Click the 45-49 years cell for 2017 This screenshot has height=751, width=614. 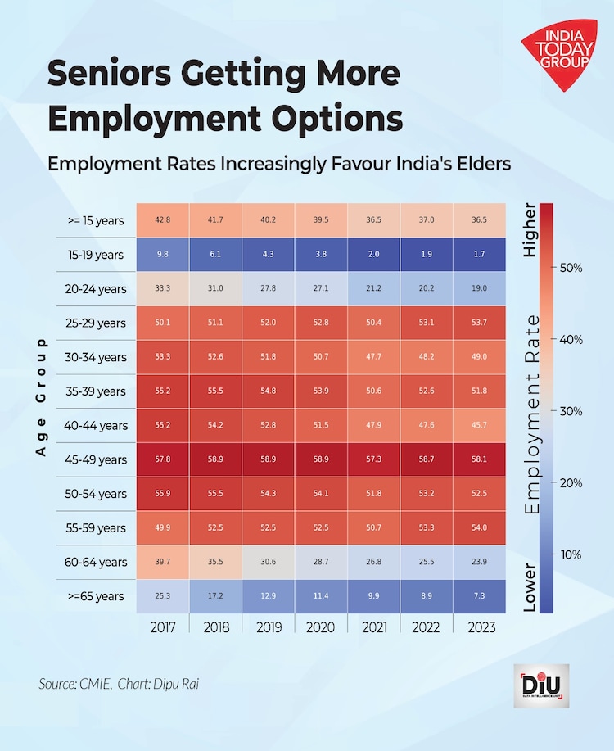(162, 459)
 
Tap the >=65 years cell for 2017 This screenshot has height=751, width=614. (162, 596)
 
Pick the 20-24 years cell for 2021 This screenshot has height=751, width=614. (374, 288)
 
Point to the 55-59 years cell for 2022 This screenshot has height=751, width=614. (427, 527)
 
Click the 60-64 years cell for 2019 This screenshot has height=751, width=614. (269, 562)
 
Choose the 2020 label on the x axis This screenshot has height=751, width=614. (321, 627)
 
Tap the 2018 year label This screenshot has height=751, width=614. (215, 627)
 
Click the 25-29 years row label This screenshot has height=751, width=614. (97, 323)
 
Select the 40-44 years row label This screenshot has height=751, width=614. (97, 425)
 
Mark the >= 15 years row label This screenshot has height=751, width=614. (97, 221)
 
